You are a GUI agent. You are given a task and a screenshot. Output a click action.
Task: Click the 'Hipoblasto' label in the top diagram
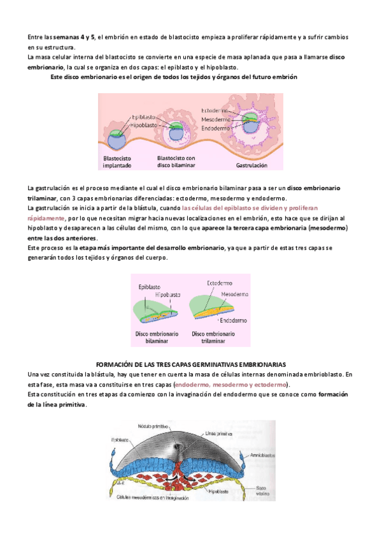tap(145, 126)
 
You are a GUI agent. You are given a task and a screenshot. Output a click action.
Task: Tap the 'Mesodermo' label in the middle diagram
tap(234, 294)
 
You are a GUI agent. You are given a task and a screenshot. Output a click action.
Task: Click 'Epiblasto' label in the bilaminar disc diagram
tap(148, 287)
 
